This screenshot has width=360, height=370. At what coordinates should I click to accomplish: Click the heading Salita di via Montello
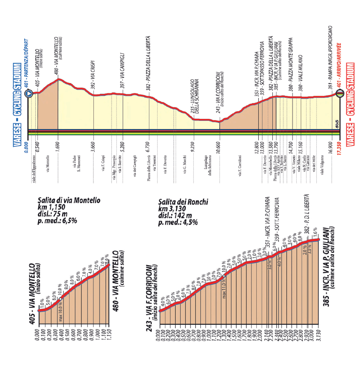tap(69, 201)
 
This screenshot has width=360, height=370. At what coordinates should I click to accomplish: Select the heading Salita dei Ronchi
tap(183, 202)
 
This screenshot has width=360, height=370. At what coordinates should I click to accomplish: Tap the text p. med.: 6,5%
tap(57, 221)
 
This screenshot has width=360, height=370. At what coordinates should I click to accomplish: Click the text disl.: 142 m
tap(175, 215)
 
